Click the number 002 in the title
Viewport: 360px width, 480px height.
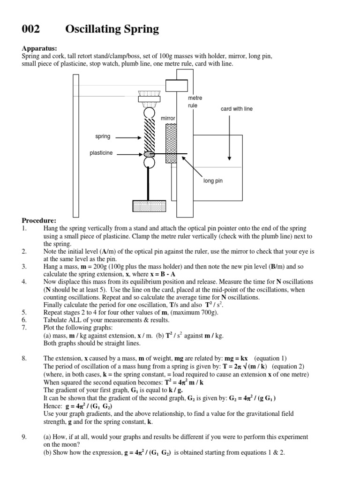(31, 30)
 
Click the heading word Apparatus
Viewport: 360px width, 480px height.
(39, 48)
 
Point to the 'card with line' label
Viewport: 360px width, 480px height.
(236, 109)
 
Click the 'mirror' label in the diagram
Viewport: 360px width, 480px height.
(168, 119)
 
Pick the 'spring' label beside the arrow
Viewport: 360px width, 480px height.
(103, 137)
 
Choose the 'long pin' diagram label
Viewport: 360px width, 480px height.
(212, 180)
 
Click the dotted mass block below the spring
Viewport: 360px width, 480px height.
(149, 206)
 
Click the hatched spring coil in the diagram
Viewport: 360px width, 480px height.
(149, 134)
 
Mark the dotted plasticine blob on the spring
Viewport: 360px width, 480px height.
(149, 153)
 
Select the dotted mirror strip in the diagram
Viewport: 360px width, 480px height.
(171, 144)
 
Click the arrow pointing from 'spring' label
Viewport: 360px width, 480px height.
(127, 137)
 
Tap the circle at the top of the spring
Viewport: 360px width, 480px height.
(149, 113)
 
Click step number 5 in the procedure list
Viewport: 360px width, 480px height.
(24, 311)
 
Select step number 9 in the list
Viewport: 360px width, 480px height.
(24, 437)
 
